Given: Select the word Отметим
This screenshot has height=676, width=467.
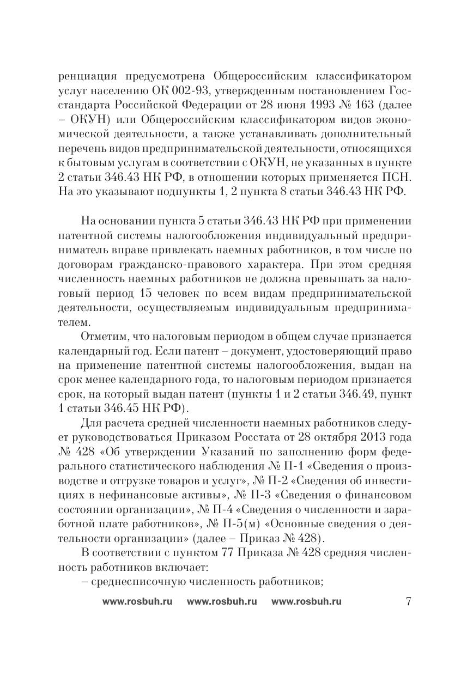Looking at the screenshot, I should click(103, 337).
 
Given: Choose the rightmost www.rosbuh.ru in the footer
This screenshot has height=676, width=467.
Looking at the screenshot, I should click(306, 601).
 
